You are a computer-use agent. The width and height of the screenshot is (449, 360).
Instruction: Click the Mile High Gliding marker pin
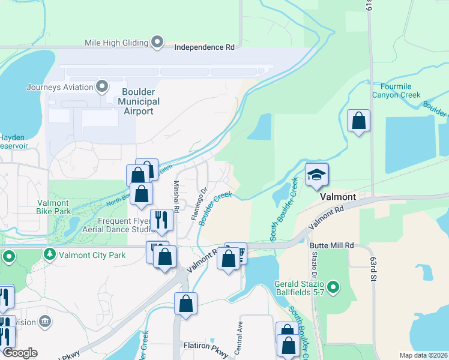click(x=157, y=43)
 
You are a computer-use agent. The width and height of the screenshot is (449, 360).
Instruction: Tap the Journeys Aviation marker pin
click(x=103, y=86)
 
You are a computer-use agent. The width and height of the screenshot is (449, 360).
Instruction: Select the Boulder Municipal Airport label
click(x=139, y=101)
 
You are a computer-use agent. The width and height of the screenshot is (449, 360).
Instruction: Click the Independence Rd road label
click(x=204, y=46)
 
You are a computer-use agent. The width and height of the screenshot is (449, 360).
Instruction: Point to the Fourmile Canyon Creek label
click(x=396, y=91)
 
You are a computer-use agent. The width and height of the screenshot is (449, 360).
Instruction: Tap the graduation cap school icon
click(x=316, y=174)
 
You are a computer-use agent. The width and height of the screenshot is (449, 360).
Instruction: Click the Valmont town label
click(x=338, y=197)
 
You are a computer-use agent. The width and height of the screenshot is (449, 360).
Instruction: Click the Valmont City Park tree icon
click(x=50, y=255)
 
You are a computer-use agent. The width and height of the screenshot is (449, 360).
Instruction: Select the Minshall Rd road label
click(x=176, y=197)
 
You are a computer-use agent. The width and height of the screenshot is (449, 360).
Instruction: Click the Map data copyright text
click(x=423, y=355)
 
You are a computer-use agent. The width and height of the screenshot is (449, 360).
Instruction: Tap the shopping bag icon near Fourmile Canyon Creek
click(x=358, y=121)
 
